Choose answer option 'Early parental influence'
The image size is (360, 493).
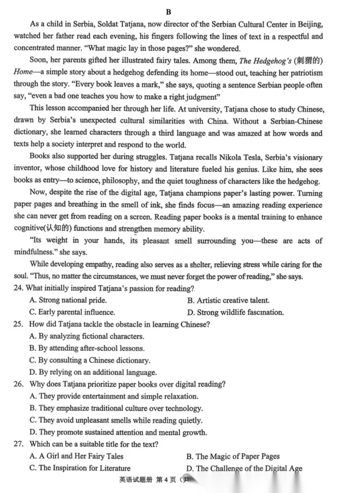[72, 312]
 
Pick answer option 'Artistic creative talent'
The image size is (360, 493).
[228, 301]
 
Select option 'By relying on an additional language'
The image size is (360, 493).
[93, 372]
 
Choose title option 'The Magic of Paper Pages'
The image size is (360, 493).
[233, 456]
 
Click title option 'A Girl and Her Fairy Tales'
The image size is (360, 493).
[76, 456]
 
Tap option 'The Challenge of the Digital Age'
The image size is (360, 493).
[244, 468]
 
